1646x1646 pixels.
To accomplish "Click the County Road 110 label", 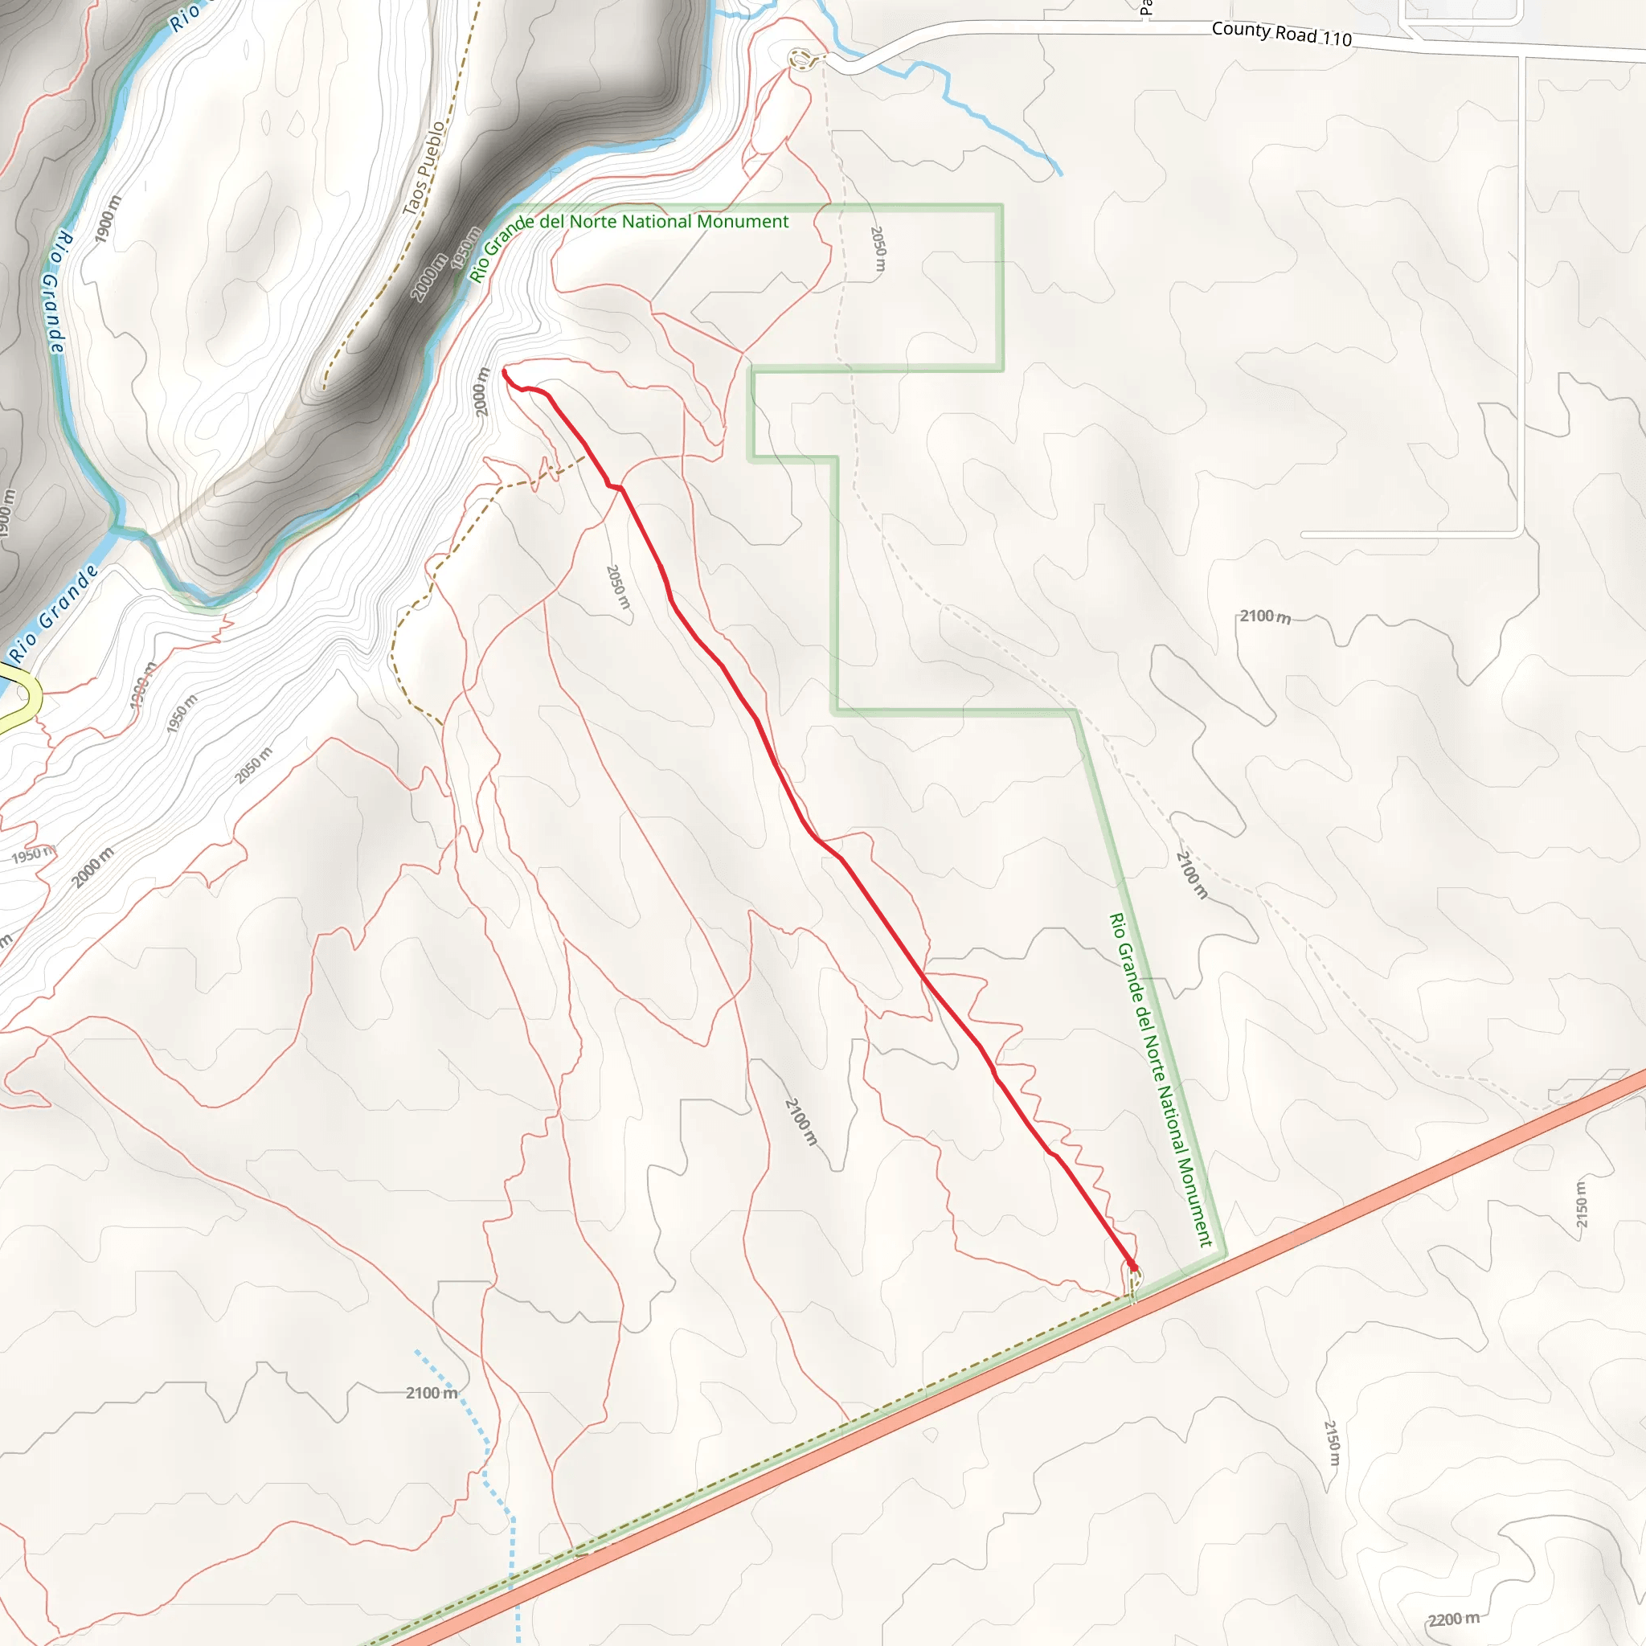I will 1280,33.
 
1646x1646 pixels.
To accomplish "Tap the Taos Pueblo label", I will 424,168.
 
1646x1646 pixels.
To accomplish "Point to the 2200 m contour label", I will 1453,1619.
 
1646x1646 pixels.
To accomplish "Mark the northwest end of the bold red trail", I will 506,371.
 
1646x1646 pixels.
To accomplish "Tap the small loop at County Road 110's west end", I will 800,59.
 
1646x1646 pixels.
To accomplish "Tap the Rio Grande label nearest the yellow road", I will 53,611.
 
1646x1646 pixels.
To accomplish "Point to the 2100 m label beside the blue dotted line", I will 431,1392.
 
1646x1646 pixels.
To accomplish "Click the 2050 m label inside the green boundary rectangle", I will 878,249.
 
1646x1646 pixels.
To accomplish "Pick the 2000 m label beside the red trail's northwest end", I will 482,392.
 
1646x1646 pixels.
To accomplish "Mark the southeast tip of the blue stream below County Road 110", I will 1061,174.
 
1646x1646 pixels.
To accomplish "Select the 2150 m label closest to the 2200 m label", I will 1333,1443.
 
